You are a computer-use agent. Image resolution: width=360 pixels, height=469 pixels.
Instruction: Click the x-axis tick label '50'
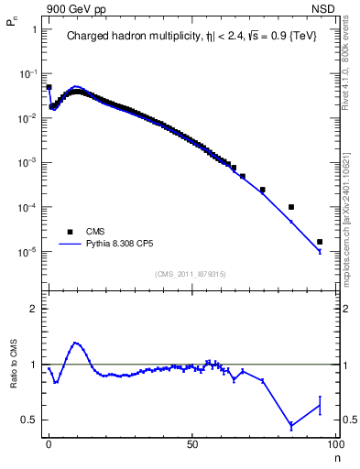coord(192,443)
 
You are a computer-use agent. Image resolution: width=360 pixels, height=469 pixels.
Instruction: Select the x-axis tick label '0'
coord(49,443)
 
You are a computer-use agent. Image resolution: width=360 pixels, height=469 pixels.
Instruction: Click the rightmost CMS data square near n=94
coord(320,242)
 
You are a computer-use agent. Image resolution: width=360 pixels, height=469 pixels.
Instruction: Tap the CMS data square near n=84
coord(291,207)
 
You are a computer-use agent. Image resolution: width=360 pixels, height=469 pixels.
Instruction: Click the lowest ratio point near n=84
coord(291,425)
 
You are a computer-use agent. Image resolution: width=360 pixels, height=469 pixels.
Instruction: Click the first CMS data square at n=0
coord(49,87)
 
